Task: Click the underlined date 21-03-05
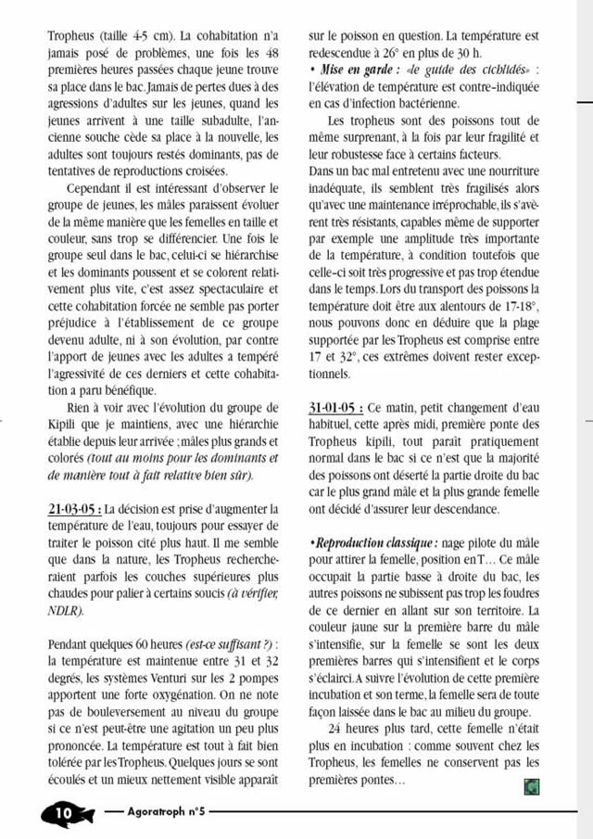[74, 509]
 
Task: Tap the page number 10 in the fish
[62, 812]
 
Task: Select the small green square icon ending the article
[531, 786]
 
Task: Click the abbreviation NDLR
[63, 611]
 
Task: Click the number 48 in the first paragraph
[270, 55]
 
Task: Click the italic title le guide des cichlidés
[463, 71]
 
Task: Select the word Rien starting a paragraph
[82, 408]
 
